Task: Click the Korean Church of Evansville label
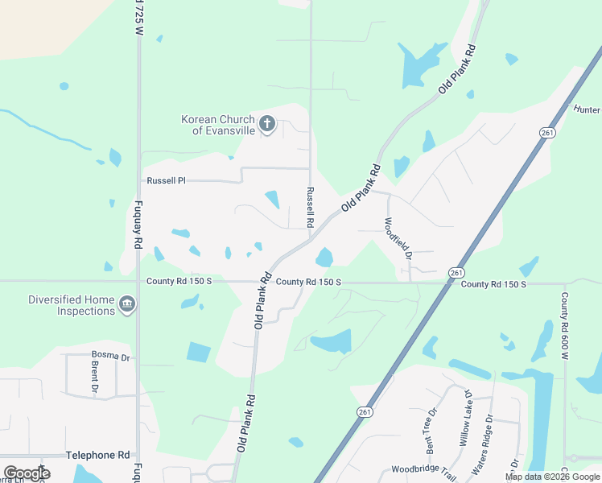[x=217, y=125]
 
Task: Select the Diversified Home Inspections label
[x=72, y=305]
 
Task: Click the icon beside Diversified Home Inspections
[x=127, y=304]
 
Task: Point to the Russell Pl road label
[x=166, y=181]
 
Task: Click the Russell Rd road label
[x=309, y=206]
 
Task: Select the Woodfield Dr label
[x=398, y=238]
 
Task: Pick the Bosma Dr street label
[x=110, y=357]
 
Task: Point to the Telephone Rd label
[x=97, y=455]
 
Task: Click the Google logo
[x=27, y=473]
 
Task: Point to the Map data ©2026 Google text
[x=553, y=477]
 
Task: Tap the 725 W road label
[x=138, y=17]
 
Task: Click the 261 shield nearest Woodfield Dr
[x=456, y=273]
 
